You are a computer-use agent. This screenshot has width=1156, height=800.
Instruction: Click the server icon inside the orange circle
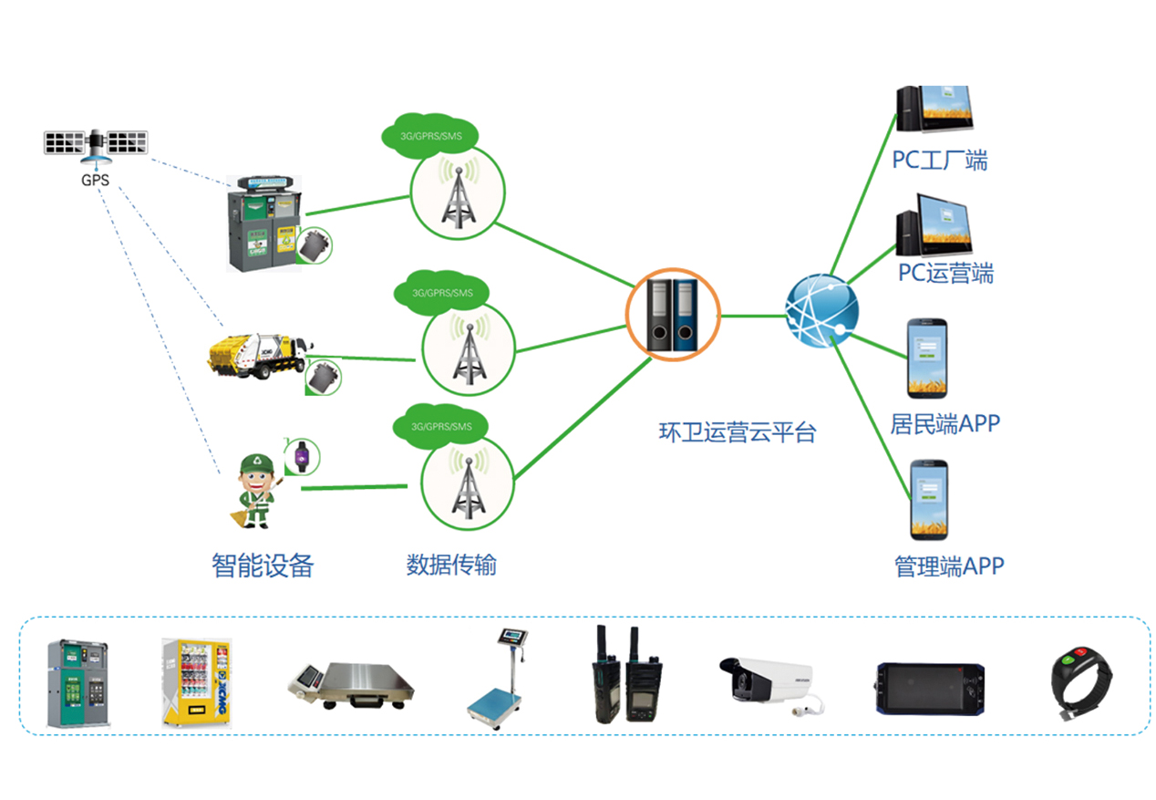pos(672,315)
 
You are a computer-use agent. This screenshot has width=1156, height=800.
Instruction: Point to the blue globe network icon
pos(821,310)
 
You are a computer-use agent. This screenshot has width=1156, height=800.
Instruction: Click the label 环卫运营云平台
pos(737,431)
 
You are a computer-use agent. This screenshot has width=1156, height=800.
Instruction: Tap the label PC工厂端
pos(939,161)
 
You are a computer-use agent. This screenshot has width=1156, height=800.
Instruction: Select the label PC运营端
pos(945,273)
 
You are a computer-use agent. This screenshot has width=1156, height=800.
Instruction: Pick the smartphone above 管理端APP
pos(929,500)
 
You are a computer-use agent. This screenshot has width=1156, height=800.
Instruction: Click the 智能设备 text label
pos(263,566)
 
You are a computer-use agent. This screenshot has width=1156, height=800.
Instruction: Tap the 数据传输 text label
pos(451,565)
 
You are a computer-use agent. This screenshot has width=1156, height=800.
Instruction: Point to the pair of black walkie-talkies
pos(625,678)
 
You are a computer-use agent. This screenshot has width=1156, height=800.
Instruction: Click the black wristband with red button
pos(1080,682)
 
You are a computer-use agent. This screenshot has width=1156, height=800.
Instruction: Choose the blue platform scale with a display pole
pos(501,676)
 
